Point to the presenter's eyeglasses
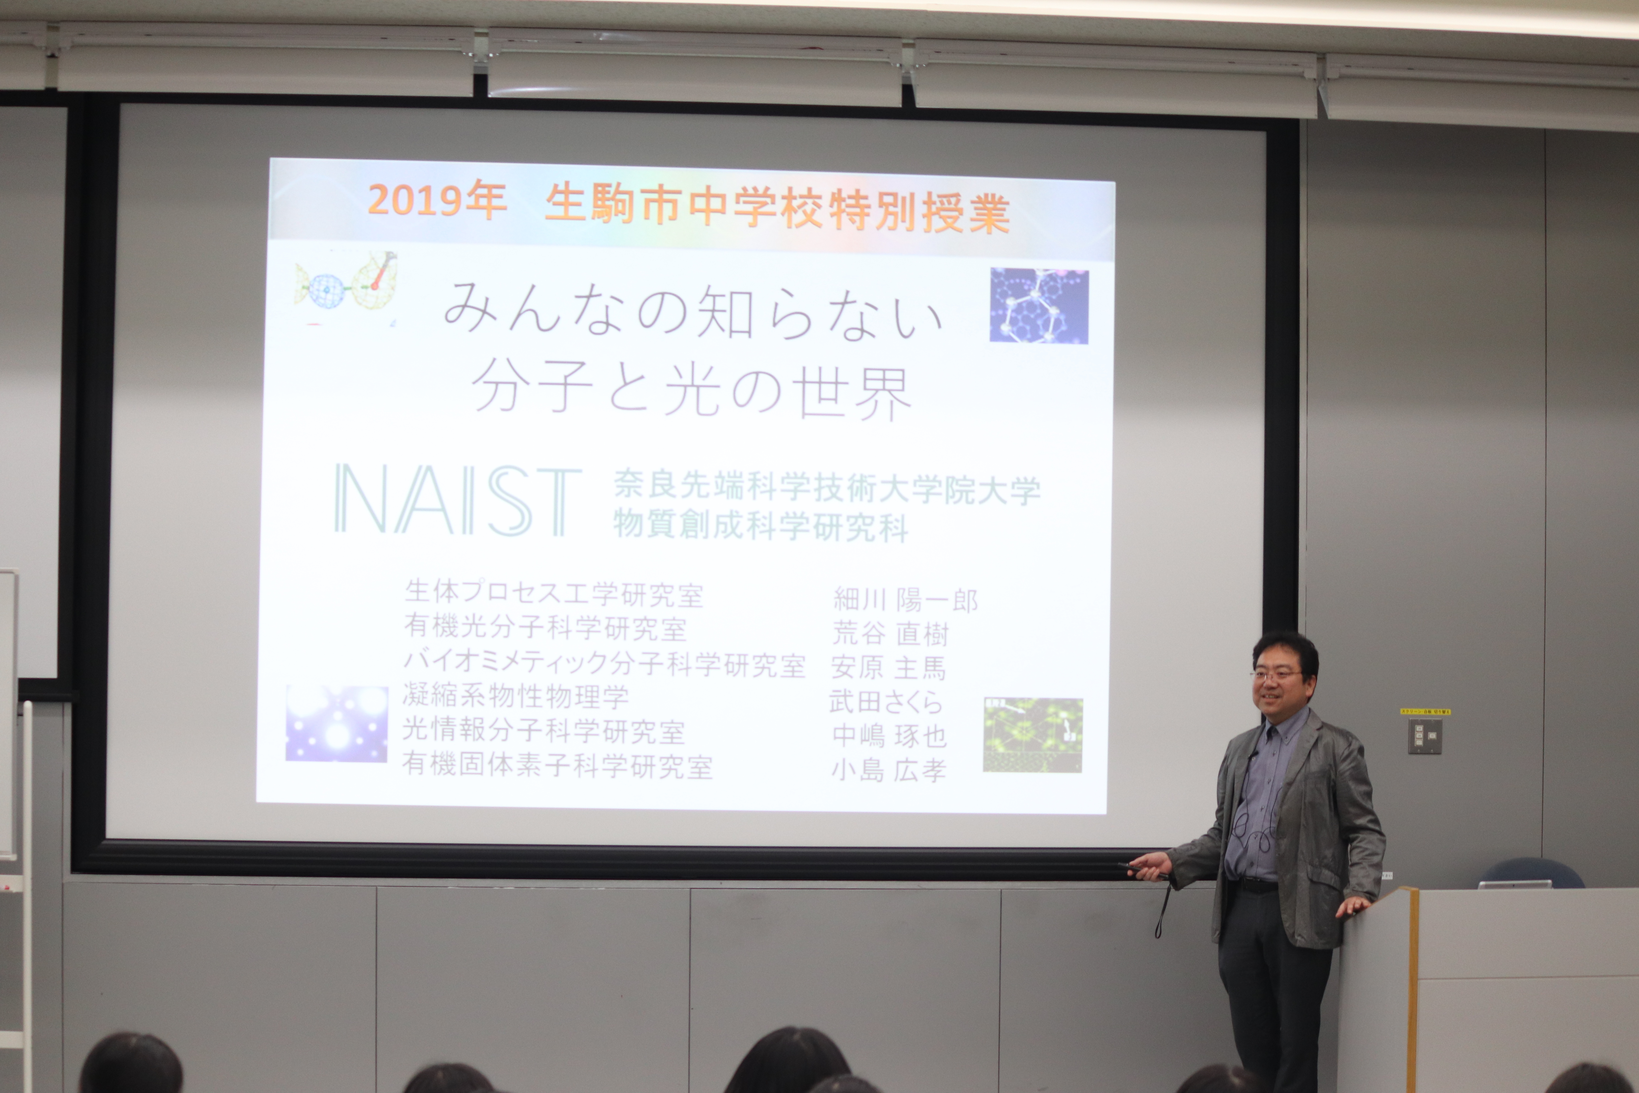[x=1277, y=675]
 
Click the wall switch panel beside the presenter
[x=1425, y=735]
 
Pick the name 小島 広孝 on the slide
[x=889, y=769]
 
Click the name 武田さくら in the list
[x=886, y=701]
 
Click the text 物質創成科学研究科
[x=760, y=525]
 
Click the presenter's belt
[x=1256, y=885]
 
